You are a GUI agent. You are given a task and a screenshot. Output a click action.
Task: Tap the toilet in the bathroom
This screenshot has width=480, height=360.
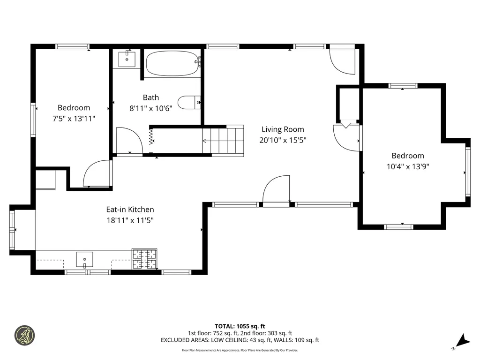[189, 102]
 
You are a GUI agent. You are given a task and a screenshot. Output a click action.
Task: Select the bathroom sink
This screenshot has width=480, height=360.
[127, 60]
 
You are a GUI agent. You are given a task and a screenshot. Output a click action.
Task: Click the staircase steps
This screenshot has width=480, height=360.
[224, 140]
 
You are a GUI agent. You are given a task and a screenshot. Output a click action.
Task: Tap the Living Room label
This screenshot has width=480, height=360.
[283, 129]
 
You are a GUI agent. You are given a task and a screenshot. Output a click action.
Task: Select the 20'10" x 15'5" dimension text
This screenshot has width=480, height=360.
[283, 140]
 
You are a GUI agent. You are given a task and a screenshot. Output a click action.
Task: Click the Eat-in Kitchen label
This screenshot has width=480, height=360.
[130, 210]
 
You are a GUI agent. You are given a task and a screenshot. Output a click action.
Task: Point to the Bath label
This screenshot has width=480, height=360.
[151, 97]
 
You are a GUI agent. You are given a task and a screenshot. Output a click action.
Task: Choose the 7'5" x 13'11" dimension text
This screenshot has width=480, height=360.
[74, 118]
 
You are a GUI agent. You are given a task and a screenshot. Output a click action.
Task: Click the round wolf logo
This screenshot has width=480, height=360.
[25, 335]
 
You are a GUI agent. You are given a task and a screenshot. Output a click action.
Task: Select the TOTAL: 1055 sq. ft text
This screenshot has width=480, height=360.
[240, 326]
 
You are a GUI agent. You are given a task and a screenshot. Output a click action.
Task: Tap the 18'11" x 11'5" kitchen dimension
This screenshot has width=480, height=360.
[130, 220]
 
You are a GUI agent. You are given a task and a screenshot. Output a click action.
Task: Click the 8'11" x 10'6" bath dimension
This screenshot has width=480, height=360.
[151, 108]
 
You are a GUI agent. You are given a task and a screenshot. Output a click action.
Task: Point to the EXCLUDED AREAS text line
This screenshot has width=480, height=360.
[240, 340]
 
